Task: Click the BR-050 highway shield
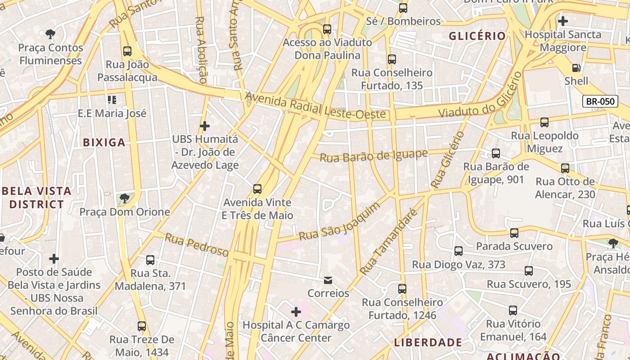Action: [600, 101]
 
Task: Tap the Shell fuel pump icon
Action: [576, 68]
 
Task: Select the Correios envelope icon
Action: [328, 280]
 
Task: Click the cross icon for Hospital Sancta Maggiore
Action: [562, 21]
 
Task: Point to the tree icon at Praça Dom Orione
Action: [124, 198]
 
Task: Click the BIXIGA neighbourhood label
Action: [104, 143]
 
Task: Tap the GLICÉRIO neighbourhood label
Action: [477, 36]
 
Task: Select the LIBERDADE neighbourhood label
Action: [428, 342]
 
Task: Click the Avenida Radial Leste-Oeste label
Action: [315, 107]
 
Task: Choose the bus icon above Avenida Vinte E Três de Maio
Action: [257, 189]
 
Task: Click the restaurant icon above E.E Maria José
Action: [112, 99]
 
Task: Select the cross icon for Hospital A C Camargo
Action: [296, 311]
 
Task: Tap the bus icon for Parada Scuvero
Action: [514, 233]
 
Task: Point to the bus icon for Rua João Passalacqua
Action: [127, 51]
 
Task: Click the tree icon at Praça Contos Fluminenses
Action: [50, 34]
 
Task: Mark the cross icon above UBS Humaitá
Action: [205, 126]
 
